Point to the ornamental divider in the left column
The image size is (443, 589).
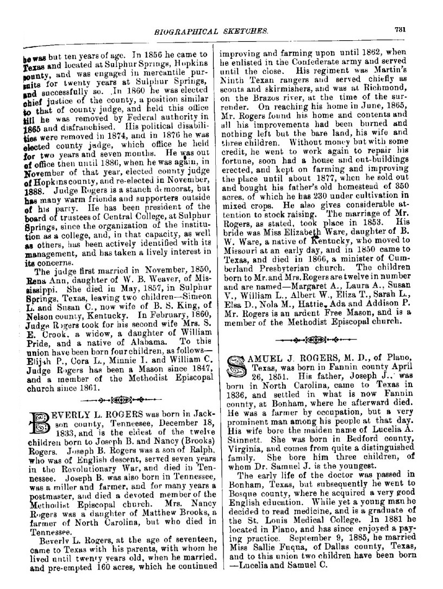[x=116, y=401]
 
